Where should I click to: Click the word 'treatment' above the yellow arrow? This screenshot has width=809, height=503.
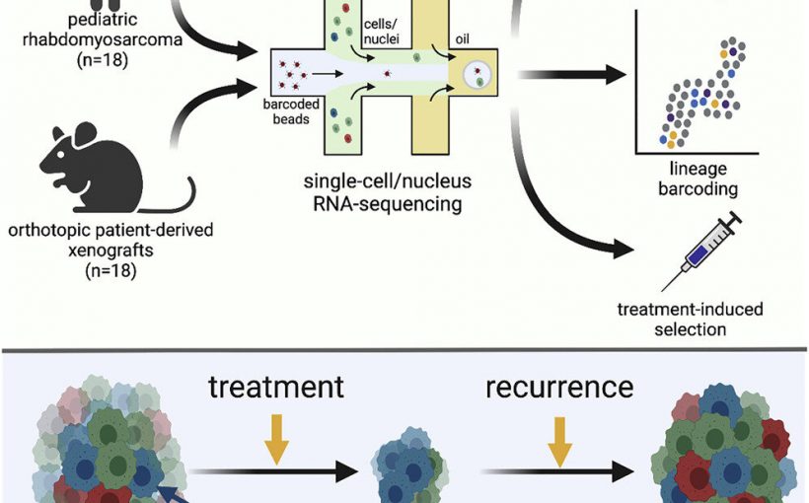click(x=276, y=386)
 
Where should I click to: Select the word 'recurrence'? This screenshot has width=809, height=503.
click(x=559, y=386)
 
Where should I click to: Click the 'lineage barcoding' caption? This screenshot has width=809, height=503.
click(x=702, y=179)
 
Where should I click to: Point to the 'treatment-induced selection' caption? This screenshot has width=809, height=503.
click(x=690, y=318)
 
